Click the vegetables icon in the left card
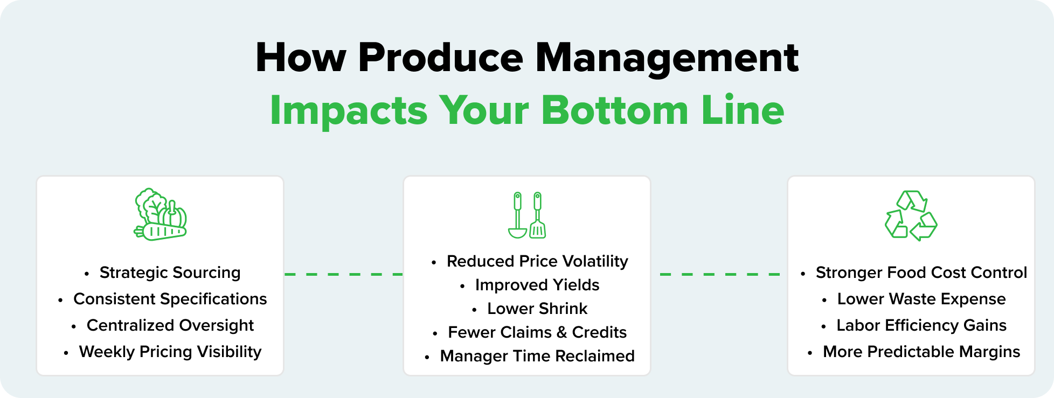click(160, 214)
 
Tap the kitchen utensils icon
click(527, 215)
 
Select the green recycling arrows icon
click(911, 215)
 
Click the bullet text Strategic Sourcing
click(170, 273)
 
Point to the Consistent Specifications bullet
click(170, 299)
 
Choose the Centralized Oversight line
click(170, 325)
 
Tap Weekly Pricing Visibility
click(170, 352)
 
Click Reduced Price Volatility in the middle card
click(537, 261)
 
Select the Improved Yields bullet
click(537, 285)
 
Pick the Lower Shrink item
click(537, 309)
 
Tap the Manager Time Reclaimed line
click(537, 356)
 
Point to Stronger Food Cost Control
click(921, 273)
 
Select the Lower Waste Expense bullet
click(921, 299)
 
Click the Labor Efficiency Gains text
click(921, 325)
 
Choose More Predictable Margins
click(921, 352)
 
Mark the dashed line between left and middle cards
click(343, 274)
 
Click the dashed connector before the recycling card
click(719, 274)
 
